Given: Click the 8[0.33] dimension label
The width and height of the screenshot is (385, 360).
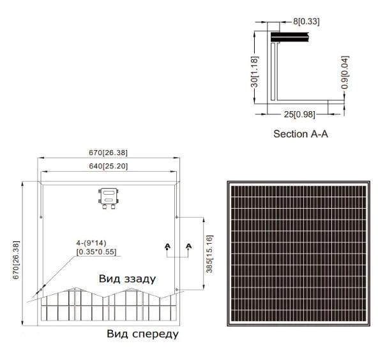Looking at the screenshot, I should pos(306,21).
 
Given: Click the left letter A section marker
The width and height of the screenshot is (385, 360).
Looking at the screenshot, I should pos(167,246).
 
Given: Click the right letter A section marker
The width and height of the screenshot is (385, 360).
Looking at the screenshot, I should pos(189,246).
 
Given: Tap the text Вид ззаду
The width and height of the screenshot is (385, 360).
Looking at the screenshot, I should pos(127,279).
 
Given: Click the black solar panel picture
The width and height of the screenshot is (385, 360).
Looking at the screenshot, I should pos(299,253).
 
